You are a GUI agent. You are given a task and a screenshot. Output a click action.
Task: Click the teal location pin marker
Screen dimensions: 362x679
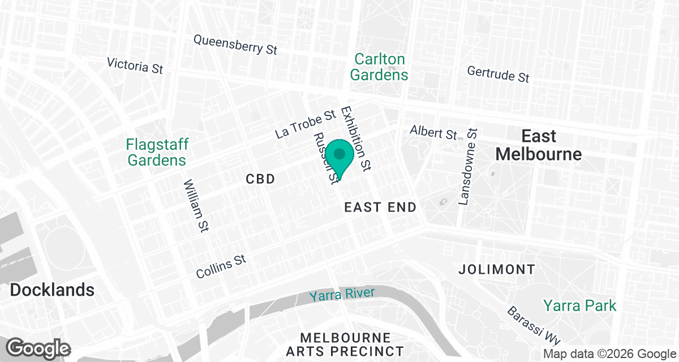tap(339, 155)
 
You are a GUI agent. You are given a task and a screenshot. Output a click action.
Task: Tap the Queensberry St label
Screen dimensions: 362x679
tap(235, 45)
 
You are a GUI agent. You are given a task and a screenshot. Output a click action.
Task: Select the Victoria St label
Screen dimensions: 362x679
tap(135, 65)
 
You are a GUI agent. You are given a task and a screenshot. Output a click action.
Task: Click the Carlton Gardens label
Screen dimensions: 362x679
tap(379, 67)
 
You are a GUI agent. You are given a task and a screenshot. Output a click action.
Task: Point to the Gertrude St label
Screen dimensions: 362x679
tap(498, 74)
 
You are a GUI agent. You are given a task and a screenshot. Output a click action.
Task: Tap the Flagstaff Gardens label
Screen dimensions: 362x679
tap(157, 152)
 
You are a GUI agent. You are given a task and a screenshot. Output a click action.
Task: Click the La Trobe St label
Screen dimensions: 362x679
tap(306, 125)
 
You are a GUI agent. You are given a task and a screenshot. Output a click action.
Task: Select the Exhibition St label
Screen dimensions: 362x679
tap(356, 139)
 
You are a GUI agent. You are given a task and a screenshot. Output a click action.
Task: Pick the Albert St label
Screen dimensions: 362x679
tap(433, 133)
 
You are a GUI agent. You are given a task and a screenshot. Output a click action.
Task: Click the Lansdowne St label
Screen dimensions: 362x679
tap(469, 166)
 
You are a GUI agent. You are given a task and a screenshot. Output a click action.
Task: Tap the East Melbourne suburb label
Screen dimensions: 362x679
tap(538, 145)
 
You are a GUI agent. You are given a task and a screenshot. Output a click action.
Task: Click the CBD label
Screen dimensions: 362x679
tap(260, 179)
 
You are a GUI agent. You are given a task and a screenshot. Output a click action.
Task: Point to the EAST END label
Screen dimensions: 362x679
tap(380, 208)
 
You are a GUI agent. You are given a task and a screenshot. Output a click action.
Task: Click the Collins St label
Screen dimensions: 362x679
tap(222, 266)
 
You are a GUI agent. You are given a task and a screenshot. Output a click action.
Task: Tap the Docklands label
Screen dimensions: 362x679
tap(52, 290)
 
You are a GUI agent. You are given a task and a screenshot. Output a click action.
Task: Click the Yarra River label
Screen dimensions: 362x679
tap(342, 294)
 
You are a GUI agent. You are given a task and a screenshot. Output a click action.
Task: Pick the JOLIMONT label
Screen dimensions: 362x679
tap(497, 269)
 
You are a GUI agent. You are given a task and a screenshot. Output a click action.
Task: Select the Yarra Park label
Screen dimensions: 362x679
tap(579, 305)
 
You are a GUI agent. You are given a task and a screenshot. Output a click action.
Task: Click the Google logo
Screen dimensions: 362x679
tap(38, 347)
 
